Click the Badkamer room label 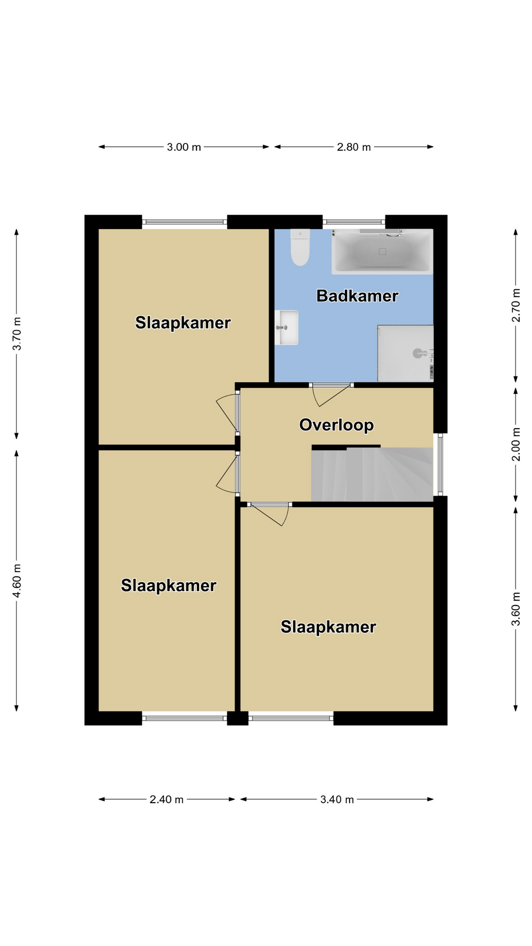tap(357, 296)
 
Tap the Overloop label tap(336, 425)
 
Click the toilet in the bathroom tap(300, 247)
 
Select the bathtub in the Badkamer tap(382, 251)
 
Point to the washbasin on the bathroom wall tap(287, 327)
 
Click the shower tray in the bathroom tap(405, 353)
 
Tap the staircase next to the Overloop tap(372, 474)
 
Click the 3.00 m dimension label tap(184, 147)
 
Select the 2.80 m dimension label tap(354, 147)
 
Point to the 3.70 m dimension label tap(17, 334)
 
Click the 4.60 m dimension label tap(17, 580)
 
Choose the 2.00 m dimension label tap(516, 444)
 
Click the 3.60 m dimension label tap(516, 608)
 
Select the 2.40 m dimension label tap(166, 799)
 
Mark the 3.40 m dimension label tap(337, 799)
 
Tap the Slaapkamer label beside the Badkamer tap(183, 323)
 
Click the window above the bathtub tap(354, 222)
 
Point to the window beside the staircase tap(440, 464)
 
